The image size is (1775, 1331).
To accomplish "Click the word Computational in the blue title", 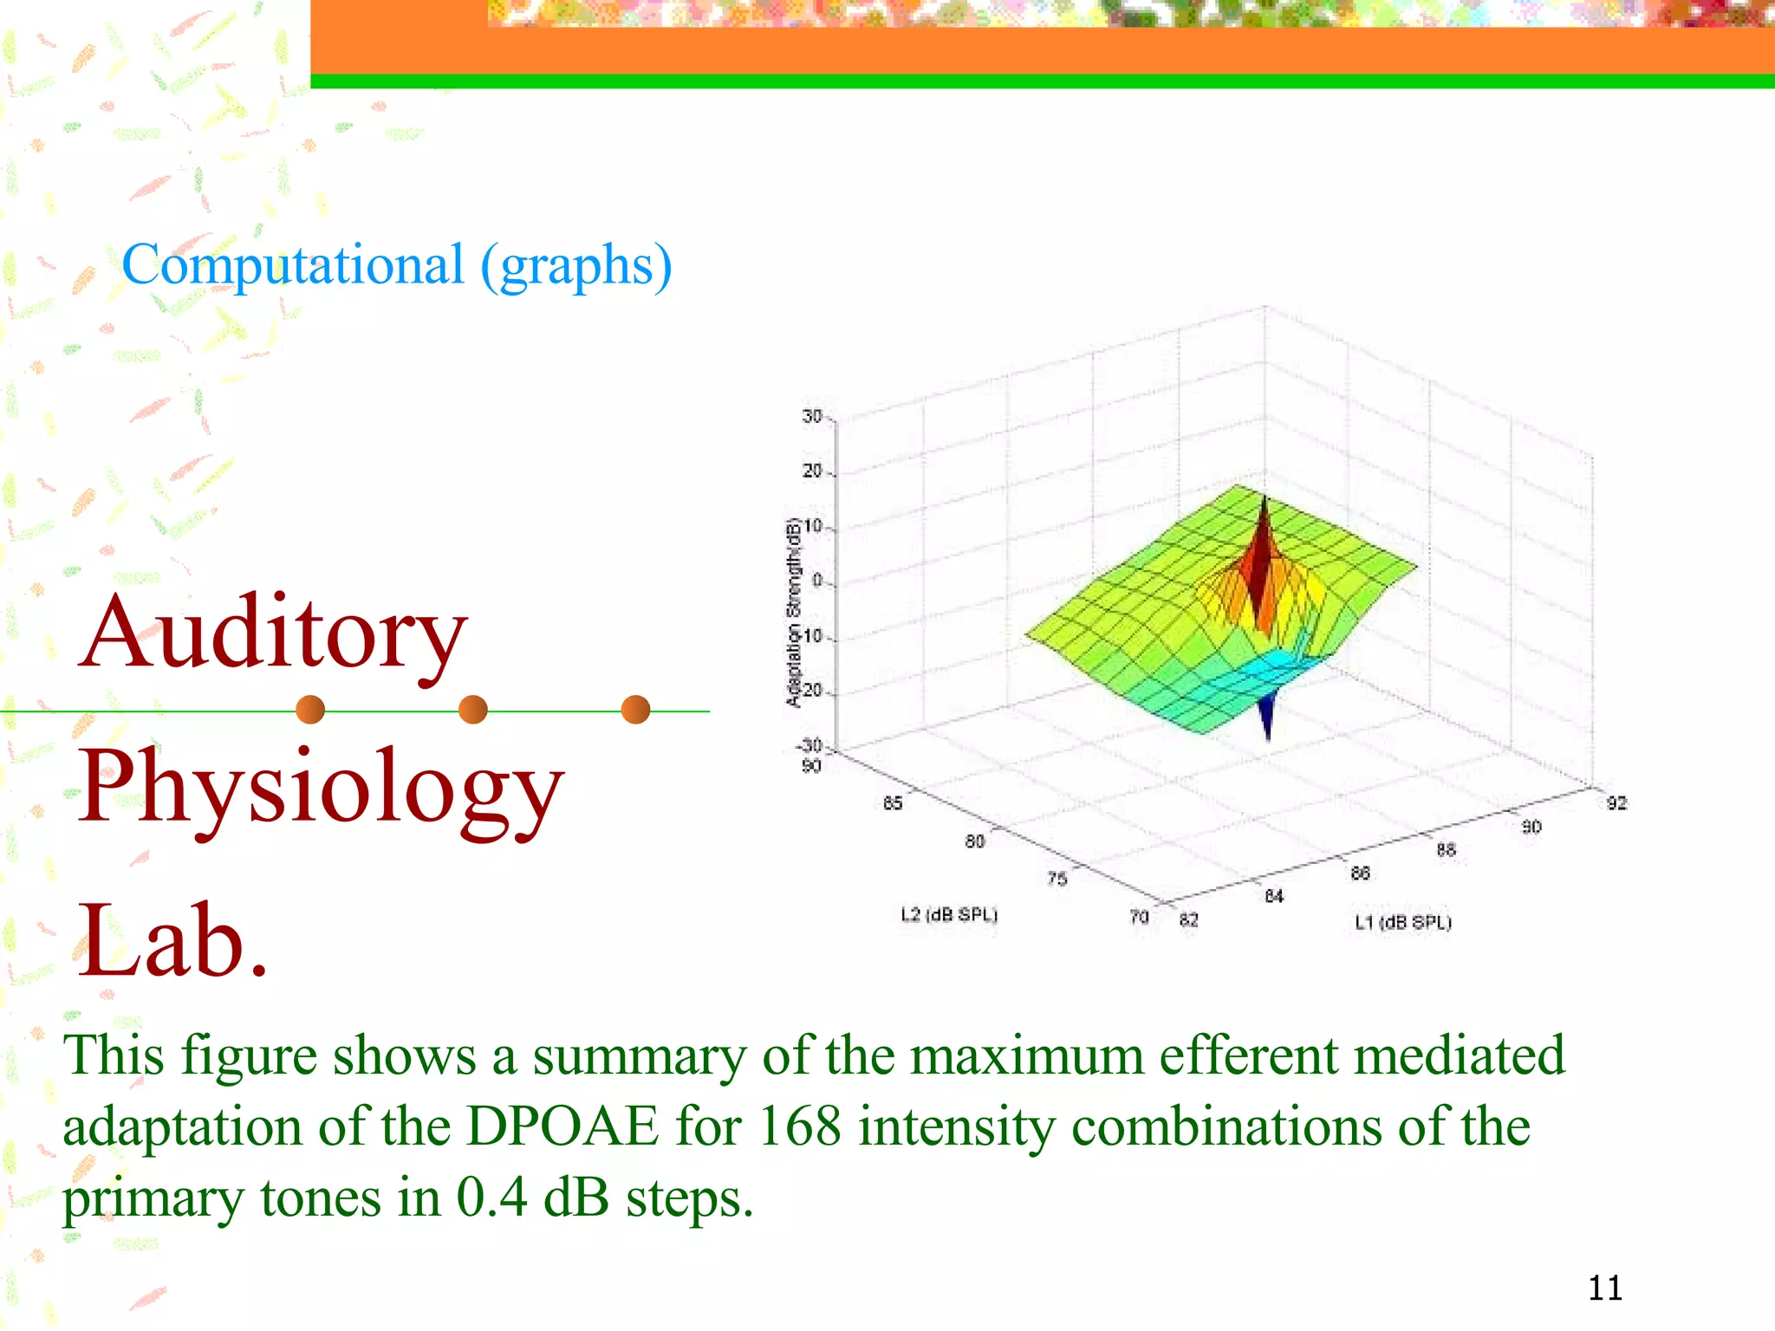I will pos(292,265).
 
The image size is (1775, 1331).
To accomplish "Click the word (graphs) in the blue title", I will pos(576,265).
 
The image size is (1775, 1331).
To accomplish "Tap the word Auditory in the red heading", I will pos(274,633).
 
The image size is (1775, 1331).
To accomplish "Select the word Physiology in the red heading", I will pos(321,787).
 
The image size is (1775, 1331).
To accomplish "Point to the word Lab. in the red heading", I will pos(173,940).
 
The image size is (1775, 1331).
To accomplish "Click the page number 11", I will pos(1604,1288).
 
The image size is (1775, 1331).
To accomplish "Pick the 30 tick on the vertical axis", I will pos(812,417).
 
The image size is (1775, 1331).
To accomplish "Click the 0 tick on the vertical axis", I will pos(816,580).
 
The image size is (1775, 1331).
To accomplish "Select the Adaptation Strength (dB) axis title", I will pos(793,612).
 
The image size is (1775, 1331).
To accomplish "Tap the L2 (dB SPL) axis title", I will pos(949,914).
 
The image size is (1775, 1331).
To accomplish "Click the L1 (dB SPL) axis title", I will pos(1403,922).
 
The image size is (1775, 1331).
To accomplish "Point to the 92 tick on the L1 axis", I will pos(1616,803).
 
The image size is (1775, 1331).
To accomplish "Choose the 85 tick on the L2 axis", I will pos(893,803).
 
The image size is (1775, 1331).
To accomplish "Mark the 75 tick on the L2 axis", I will pos(1057,879).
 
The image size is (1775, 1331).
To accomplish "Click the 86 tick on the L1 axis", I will pos(1360,873).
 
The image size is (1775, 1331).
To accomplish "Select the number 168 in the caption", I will pos(798,1126).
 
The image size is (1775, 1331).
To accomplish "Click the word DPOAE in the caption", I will pos(562,1126).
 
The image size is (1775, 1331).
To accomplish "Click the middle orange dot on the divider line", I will pos(472,710).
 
